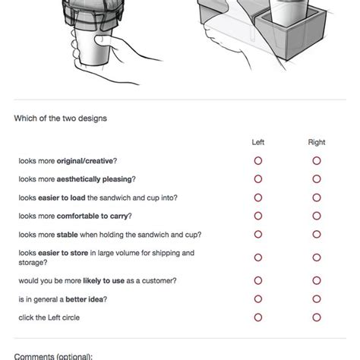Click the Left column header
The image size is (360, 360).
pyautogui.click(x=257, y=142)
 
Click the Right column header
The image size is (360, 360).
pyautogui.click(x=316, y=142)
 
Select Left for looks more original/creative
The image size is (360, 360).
pyautogui.click(x=257, y=161)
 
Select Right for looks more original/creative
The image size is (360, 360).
pyautogui.click(x=316, y=161)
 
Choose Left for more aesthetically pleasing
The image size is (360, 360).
pyautogui.click(x=257, y=179)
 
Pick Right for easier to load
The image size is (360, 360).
pyautogui.click(x=316, y=197)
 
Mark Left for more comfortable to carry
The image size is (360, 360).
pyautogui.click(x=257, y=216)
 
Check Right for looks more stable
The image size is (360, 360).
pyautogui.click(x=316, y=234)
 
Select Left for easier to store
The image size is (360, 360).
pyautogui.click(x=257, y=257)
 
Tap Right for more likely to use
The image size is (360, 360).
pyautogui.click(x=316, y=280)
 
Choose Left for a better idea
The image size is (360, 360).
pyautogui.click(x=257, y=298)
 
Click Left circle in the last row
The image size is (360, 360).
pyautogui.click(x=257, y=317)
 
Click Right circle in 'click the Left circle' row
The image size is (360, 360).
pyautogui.click(x=316, y=317)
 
